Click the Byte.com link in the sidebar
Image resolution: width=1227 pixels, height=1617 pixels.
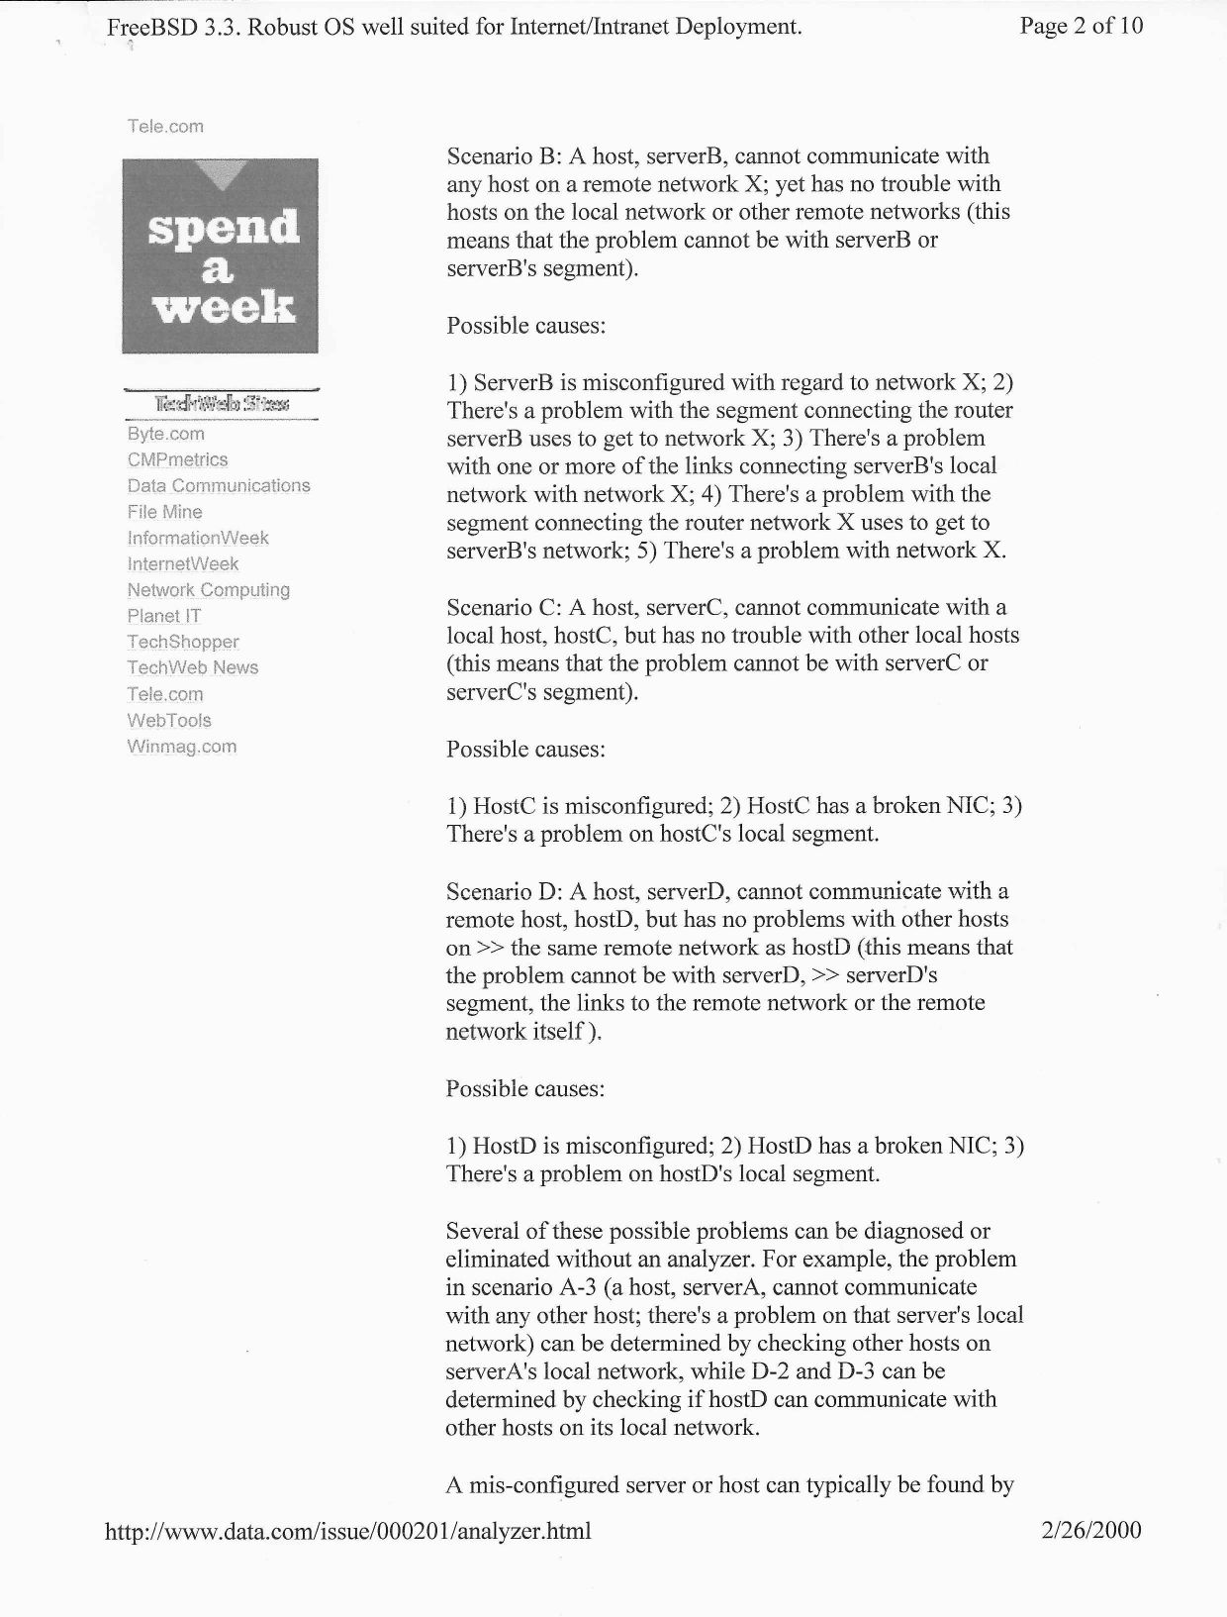(x=165, y=434)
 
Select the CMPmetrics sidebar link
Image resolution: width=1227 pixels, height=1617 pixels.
(x=177, y=459)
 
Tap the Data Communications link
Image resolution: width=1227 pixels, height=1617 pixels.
(x=219, y=485)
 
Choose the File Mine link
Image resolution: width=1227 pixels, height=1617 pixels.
(x=164, y=512)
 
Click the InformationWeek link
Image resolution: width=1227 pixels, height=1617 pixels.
(x=198, y=538)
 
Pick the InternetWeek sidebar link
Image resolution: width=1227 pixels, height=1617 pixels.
(x=183, y=563)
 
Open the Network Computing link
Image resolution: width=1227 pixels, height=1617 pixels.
(x=208, y=590)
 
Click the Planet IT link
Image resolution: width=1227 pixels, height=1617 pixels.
(x=163, y=616)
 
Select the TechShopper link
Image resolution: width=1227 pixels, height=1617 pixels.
(x=183, y=642)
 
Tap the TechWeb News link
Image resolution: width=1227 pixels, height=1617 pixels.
(x=192, y=667)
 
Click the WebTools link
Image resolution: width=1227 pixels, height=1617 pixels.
(x=169, y=720)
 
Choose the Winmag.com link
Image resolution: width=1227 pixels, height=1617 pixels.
(x=181, y=747)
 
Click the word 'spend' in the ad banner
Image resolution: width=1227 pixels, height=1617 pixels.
(x=223, y=228)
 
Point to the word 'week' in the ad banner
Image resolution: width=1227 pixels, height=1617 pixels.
(x=223, y=307)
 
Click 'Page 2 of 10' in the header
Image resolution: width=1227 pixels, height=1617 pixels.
(x=1081, y=26)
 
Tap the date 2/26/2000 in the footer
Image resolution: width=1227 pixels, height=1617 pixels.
(x=1091, y=1530)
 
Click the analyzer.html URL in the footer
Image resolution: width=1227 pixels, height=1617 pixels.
(x=347, y=1531)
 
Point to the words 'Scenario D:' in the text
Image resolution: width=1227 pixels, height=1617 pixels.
(x=504, y=891)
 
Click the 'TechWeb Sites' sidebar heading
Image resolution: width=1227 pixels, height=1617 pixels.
(x=221, y=404)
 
